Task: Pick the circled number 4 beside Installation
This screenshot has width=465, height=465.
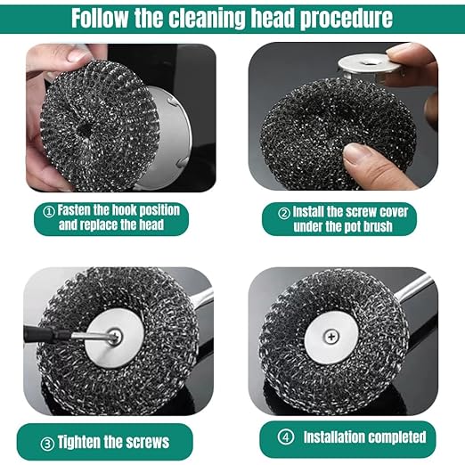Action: [286, 437]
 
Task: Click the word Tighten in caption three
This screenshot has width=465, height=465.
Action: [88, 440]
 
